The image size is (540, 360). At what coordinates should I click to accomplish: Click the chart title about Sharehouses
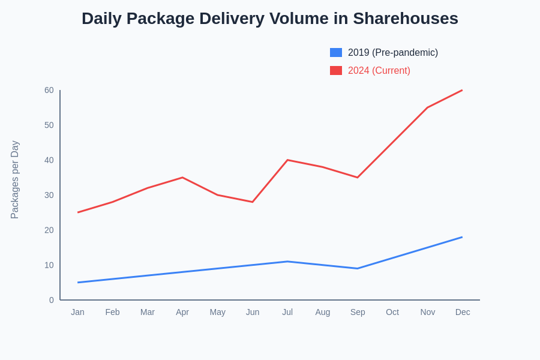270,19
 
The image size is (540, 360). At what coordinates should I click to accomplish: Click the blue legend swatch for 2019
336,53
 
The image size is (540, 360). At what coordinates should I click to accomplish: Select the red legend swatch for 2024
336,71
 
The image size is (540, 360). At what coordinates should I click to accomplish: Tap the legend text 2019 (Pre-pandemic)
393,53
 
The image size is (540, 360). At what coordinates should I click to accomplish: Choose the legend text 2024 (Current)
379,71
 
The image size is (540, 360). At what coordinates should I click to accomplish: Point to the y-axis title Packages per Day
15,180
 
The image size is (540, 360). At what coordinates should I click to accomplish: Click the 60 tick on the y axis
49,90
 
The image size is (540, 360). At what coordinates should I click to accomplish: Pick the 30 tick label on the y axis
49,195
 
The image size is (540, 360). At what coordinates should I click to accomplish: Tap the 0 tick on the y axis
52,300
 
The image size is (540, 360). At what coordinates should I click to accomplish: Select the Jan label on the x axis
77,312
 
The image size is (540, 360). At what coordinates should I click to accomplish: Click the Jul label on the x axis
287,312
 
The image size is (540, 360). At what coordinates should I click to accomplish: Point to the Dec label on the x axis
463,312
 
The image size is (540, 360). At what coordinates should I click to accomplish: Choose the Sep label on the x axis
358,312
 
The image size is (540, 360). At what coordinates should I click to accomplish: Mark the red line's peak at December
462,91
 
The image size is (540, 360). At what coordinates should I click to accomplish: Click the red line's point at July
287,160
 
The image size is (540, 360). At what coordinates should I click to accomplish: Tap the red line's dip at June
253,202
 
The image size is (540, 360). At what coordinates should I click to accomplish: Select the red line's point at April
182,178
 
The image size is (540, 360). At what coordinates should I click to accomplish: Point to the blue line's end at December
462,237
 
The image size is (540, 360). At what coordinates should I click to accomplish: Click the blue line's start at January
78,282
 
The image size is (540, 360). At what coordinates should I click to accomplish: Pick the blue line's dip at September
358,268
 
